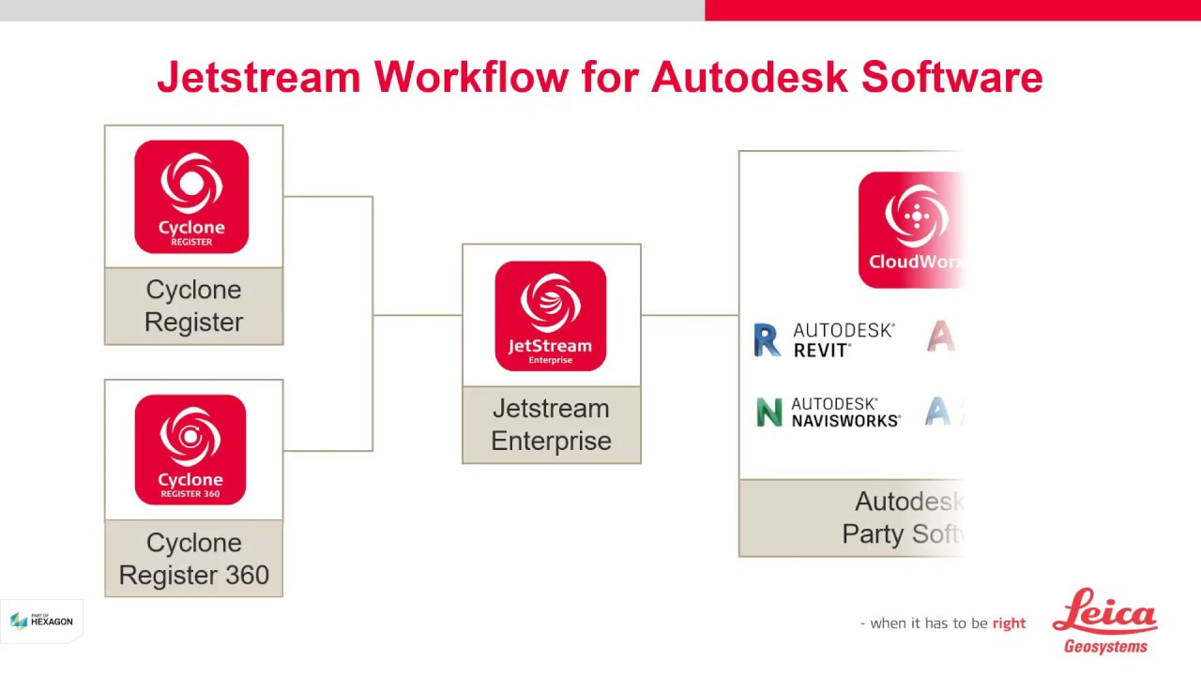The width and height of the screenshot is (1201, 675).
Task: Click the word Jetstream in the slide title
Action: coord(258,77)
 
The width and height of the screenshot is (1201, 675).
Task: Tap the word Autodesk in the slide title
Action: coord(749,77)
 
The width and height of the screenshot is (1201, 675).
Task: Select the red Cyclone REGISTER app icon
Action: coord(191,197)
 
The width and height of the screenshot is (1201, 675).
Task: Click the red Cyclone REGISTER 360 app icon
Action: coord(190,450)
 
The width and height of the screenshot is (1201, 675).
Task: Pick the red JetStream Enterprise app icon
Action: coord(551,316)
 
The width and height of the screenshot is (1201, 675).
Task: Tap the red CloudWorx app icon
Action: coord(910,230)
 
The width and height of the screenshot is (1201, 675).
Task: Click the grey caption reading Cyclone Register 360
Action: coord(193,559)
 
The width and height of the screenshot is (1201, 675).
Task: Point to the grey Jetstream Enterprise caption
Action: coord(551,425)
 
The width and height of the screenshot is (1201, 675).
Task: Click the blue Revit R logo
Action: coord(768,340)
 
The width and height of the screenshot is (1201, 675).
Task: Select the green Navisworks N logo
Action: coord(769,412)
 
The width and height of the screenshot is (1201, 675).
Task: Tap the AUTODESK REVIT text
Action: coord(844,339)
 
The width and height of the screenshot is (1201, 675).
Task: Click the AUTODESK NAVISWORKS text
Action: coord(845,412)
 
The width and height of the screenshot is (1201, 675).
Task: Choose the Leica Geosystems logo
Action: coord(1105,621)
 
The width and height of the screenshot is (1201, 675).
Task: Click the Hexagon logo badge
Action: coord(41,621)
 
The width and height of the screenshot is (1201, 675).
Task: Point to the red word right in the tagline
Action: coord(1009,623)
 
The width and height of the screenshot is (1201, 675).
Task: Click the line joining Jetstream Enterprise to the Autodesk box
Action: coord(690,315)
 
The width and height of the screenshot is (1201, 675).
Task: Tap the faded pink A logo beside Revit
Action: coord(941,336)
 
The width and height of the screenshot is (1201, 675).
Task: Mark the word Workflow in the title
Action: coord(471,77)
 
